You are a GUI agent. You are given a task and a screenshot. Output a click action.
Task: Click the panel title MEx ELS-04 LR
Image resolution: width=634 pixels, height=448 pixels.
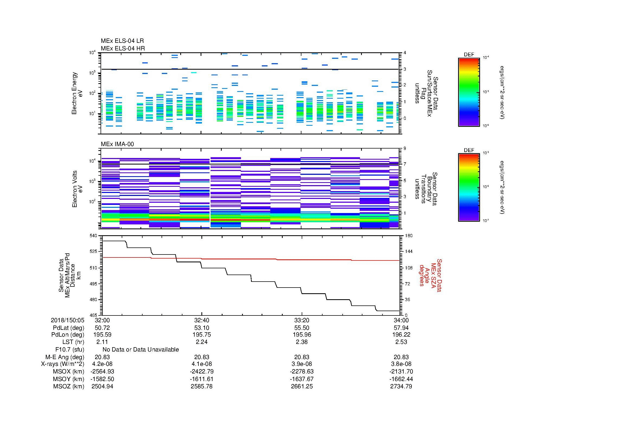pos(122,41)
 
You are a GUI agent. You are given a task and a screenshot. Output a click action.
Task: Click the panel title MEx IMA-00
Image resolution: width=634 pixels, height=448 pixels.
pos(117,144)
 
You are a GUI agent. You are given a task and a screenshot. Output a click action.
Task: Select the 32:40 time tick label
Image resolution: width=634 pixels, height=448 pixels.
pos(202,320)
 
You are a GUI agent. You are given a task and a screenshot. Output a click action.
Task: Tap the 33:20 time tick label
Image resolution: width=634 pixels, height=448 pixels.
pos(301,320)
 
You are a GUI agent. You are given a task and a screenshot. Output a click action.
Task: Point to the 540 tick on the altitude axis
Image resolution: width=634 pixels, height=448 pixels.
pos(94,236)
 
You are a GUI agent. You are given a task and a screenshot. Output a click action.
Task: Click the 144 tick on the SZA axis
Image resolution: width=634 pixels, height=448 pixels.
pos(408,252)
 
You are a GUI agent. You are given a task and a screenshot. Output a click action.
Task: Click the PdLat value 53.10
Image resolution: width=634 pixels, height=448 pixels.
pos(202,328)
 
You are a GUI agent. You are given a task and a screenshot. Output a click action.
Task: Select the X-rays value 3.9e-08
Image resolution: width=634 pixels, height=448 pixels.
pos(301,364)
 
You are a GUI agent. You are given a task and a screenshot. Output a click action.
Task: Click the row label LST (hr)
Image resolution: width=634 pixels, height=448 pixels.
pos(73,342)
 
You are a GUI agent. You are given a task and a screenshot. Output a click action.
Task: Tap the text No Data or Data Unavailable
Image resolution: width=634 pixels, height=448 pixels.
pos(141,350)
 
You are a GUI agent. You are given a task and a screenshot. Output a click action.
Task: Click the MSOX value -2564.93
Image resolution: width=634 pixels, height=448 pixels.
pos(102,372)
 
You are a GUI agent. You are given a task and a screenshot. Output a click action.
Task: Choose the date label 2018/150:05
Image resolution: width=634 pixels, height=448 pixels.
pos(67,320)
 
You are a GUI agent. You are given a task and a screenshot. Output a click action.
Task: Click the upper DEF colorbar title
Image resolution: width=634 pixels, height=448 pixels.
pos(469,55)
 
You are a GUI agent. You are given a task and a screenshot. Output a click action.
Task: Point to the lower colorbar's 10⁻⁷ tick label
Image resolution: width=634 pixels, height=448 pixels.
pos(486,221)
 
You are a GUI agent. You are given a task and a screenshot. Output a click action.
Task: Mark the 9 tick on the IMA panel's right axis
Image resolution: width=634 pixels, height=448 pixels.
pos(405,149)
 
